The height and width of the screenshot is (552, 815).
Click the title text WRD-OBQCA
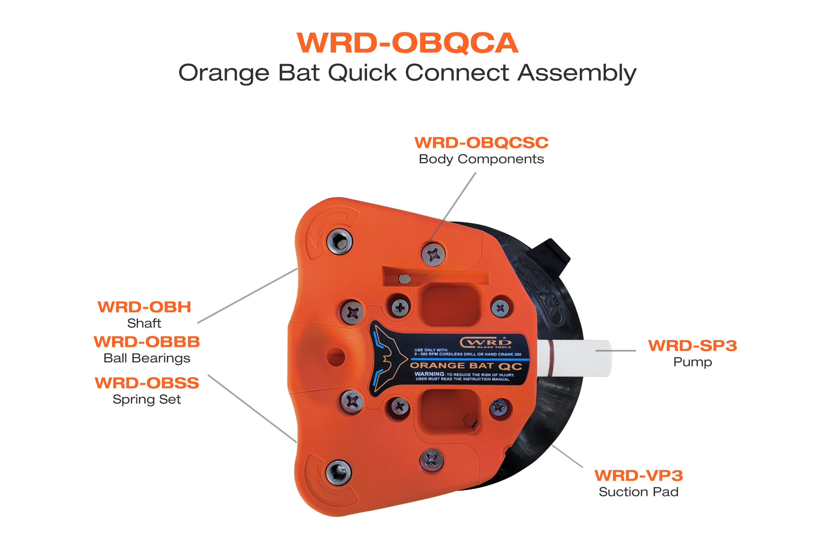pos(407,43)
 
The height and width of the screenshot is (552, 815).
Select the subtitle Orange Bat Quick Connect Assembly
pos(407,73)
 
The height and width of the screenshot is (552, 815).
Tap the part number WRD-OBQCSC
pos(481,143)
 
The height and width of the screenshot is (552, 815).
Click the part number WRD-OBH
pos(144,307)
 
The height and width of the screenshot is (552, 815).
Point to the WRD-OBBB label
pos(147,342)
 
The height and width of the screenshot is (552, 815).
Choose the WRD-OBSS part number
pos(147,383)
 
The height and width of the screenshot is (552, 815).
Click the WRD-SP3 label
pos(692,346)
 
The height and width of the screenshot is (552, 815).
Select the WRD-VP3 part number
pos(638,476)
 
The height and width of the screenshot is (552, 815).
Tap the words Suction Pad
pos(638,492)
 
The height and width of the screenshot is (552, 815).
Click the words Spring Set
pos(147,400)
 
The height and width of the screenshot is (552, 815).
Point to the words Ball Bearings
pos(147,358)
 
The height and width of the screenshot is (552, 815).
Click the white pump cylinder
pos(577,358)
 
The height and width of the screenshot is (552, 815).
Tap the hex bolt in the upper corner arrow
pos(340,242)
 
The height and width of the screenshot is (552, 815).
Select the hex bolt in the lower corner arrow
pos(338,472)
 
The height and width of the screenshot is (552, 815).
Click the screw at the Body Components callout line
pos(433,254)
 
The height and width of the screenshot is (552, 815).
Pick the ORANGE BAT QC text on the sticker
pos(466,366)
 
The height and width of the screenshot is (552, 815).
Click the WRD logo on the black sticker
pos(486,342)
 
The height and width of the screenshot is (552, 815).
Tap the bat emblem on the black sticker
pos(386,359)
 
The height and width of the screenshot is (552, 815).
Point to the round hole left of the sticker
pos(336,357)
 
